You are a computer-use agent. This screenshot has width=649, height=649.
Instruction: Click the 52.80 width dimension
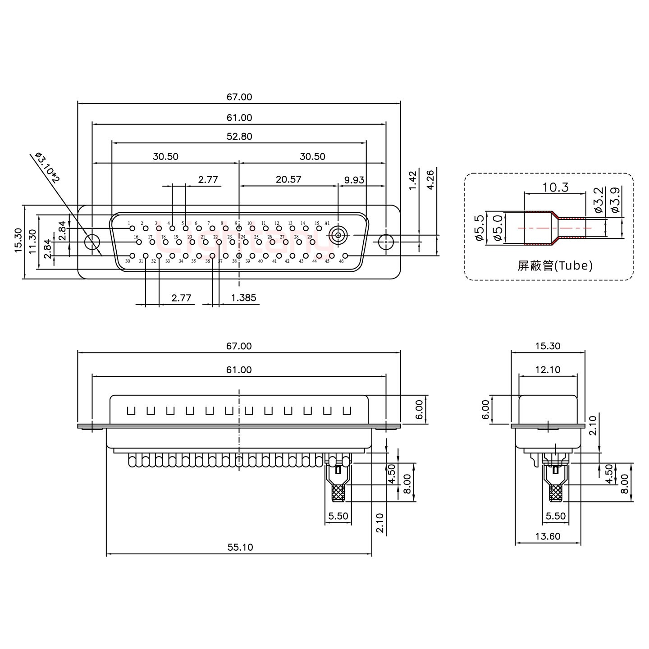[x=239, y=136]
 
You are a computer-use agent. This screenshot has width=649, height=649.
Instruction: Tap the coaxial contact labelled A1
[x=338, y=235]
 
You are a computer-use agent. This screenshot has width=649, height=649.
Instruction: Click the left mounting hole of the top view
[x=93, y=242]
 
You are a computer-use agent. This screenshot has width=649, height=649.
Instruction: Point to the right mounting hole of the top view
[x=386, y=242]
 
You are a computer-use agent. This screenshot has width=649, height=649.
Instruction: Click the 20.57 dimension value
[x=288, y=179]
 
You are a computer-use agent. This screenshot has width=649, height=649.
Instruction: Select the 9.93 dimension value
[x=354, y=180]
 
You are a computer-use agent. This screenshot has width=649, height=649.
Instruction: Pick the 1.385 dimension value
[x=243, y=297]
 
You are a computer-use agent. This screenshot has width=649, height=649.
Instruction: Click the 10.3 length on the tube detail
[x=555, y=187]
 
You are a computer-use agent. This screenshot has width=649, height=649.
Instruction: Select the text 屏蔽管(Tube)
[x=555, y=266]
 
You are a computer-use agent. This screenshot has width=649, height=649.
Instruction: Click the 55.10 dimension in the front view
[x=240, y=547]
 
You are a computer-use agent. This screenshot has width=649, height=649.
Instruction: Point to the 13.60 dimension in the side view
[x=548, y=536]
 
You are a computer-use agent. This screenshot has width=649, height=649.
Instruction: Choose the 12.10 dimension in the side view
[x=548, y=370]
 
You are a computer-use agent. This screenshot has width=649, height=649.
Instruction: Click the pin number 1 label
[x=129, y=223]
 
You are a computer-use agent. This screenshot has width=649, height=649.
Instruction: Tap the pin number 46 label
[x=341, y=261]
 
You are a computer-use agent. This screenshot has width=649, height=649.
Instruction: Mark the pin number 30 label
[x=128, y=261]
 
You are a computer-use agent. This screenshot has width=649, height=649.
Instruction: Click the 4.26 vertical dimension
[x=430, y=179]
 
